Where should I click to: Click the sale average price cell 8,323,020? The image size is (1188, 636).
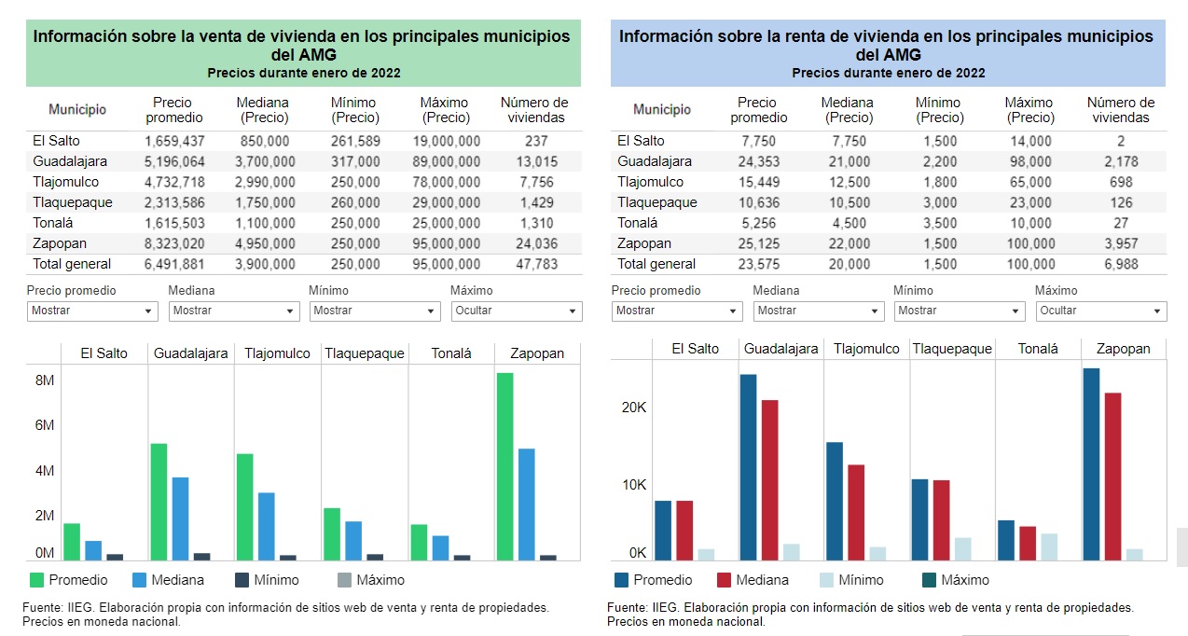[x=174, y=243]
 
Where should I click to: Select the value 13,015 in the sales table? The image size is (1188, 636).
[x=537, y=161]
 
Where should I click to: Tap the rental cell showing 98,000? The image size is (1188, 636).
[x=1030, y=161]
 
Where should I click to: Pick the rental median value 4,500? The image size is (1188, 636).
[x=849, y=223]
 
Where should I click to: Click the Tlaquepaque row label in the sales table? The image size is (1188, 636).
[x=73, y=202]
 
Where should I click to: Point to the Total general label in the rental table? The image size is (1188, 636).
[x=656, y=264]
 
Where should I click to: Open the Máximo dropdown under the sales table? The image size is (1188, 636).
[x=517, y=311]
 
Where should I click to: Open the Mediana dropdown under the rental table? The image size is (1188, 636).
[x=819, y=311]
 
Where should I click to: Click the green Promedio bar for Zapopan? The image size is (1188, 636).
[x=504, y=467]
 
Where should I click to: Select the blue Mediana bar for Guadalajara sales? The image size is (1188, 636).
[x=180, y=518]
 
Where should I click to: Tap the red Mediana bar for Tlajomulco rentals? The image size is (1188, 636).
[x=856, y=512]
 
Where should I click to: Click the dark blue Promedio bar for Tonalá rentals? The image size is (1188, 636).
[x=1006, y=540]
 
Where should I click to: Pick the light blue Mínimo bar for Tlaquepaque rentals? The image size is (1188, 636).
[x=963, y=549]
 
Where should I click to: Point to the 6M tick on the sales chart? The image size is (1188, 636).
[x=45, y=425]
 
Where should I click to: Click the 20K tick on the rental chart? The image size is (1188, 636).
[x=634, y=408]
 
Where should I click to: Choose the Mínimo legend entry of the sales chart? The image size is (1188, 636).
[x=267, y=580]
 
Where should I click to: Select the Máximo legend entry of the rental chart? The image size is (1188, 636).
[x=956, y=580]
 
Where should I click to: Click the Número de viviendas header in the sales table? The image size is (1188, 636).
[x=534, y=110]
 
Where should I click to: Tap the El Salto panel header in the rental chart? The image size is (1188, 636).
[x=695, y=349]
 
